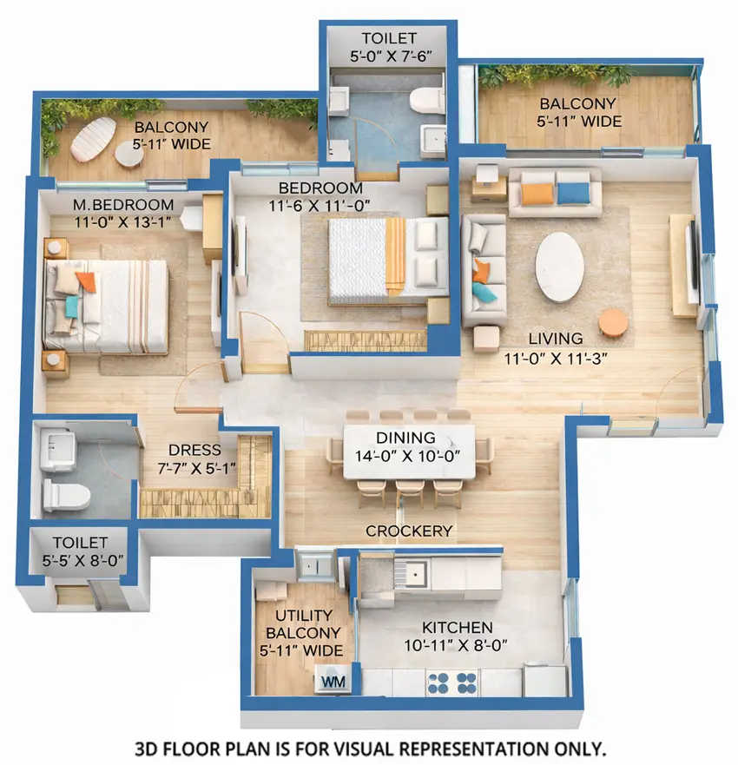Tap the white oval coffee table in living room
[x=559, y=266]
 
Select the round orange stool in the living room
[x=613, y=323]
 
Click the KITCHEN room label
[x=457, y=627]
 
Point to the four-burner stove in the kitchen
[x=451, y=682]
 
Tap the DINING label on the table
[x=406, y=439]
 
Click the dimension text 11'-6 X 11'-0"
[x=320, y=206]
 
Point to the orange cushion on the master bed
[x=85, y=280]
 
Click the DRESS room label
[x=194, y=451]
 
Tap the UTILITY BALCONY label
[x=302, y=625]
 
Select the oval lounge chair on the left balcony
[x=92, y=137]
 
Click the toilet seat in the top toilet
[x=425, y=100]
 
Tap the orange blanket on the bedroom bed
[x=395, y=252]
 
